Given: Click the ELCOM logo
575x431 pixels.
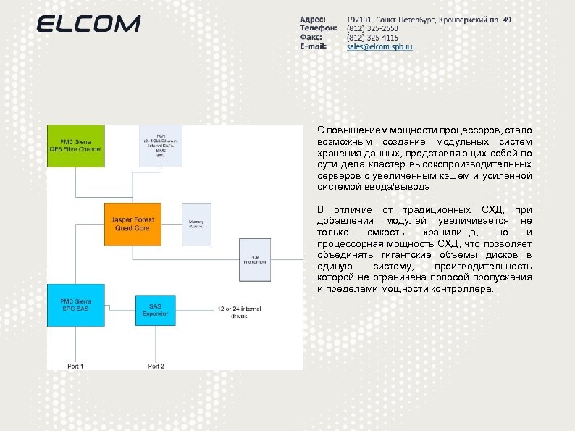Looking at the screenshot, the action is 88,24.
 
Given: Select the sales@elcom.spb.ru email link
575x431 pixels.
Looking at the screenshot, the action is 379,46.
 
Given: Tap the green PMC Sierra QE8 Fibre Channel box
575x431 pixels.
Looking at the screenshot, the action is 75,146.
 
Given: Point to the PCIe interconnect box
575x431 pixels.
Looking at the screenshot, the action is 255,259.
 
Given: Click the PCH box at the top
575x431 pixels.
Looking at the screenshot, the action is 161,146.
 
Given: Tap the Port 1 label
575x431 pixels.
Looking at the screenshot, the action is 75,367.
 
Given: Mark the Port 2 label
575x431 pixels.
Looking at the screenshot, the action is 156,367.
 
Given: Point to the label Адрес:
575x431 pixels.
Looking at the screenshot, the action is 313,19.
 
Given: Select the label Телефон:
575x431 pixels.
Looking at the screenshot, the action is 317,28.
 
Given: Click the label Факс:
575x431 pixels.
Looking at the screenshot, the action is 311,37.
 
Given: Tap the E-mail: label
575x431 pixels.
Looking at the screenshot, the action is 314,46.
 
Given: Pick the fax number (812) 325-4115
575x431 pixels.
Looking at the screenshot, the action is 372,37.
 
